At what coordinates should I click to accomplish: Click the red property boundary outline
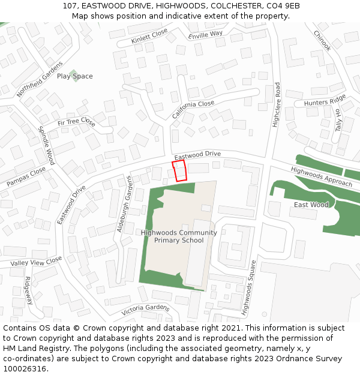click(179, 171)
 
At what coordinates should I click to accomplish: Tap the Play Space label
click(75, 76)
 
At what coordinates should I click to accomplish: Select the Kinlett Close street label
click(149, 37)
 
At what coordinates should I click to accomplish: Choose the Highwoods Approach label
click(322, 176)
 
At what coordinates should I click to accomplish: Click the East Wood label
click(311, 205)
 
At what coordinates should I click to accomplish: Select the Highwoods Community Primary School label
click(179, 236)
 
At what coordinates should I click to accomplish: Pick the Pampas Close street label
click(26, 175)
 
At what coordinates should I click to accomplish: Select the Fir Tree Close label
click(76, 122)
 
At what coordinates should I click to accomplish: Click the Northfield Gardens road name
click(40, 79)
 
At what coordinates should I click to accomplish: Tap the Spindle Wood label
click(46, 146)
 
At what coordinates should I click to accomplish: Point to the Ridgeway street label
click(29, 290)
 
